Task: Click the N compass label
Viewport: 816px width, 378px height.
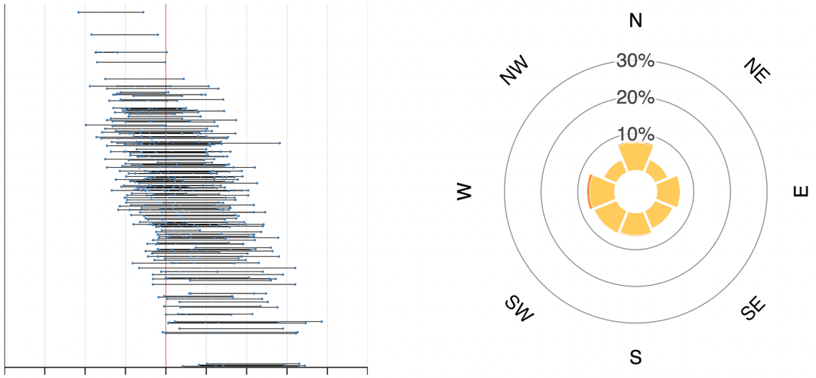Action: click(x=635, y=20)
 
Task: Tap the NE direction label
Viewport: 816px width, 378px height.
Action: click(x=756, y=71)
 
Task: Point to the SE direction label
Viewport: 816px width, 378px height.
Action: click(x=753, y=308)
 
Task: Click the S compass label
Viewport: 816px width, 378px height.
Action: click(x=635, y=357)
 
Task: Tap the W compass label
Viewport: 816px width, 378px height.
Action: click(x=464, y=192)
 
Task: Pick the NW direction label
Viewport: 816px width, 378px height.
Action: click(x=515, y=71)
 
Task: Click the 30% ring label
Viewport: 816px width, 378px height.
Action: click(x=635, y=60)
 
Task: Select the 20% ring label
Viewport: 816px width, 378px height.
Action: click(x=635, y=98)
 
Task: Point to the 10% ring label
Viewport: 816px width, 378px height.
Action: click(x=635, y=135)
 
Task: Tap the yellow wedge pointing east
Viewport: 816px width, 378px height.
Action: click(x=669, y=192)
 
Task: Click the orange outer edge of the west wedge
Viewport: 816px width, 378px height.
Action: click(x=589, y=191)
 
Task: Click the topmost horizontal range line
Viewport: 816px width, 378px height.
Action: click(x=111, y=12)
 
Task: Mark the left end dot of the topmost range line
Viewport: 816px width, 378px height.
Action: click(x=79, y=12)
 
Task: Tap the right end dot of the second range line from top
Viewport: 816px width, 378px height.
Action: click(x=157, y=34)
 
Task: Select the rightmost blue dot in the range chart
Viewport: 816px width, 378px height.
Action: click(x=322, y=321)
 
